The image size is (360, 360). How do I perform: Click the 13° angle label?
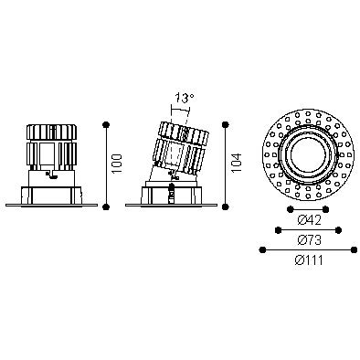pyautogui.click(x=185, y=98)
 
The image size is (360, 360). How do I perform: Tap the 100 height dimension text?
pyautogui.click(x=117, y=164)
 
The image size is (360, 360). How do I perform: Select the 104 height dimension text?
pyautogui.click(x=237, y=163)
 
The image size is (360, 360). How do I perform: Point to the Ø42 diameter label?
pyautogui.click(x=309, y=220)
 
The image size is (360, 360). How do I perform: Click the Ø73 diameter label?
pyautogui.click(x=309, y=240)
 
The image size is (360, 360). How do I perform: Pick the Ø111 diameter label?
pyautogui.click(x=309, y=260)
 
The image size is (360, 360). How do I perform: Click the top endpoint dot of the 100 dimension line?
pyautogui.click(x=106, y=124)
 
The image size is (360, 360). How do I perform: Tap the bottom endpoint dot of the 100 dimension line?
pyautogui.click(x=106, y=207)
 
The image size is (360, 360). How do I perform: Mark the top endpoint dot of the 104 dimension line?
pyautogui.click(x=226, y=124)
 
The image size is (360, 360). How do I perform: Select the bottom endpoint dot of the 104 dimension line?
pyautogui.click(x=226, y=207)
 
